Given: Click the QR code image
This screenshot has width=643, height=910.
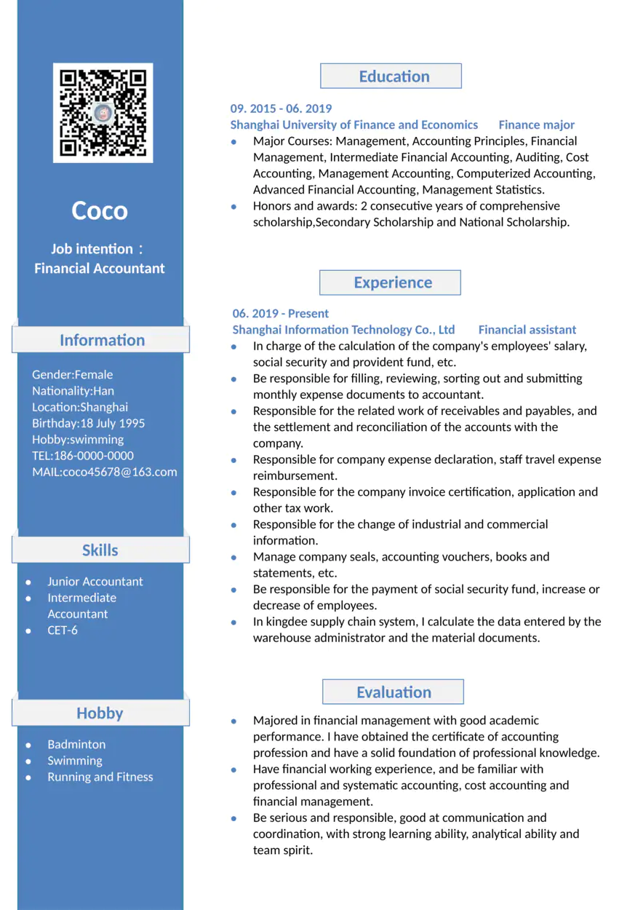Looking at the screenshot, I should [x=103, y=113].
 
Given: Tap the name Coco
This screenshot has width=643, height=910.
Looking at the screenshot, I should [x=100, y=210].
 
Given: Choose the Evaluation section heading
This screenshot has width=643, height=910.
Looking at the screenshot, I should [x=393, y=692].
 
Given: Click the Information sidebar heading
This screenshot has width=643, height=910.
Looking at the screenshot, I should [x=101, y=340].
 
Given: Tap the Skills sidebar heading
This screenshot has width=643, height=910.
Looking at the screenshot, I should [x=100, y=550].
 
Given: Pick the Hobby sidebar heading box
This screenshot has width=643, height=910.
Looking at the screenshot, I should [x=100, y=713].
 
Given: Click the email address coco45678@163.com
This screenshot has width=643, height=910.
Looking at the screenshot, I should [x=119, y=472].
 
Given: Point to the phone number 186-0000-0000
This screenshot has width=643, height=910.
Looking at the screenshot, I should [x=93, y=456].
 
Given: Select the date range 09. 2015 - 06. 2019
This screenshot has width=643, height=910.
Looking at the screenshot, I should [x=281, y=108].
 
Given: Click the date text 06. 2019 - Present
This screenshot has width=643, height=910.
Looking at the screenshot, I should [x=281, y=314].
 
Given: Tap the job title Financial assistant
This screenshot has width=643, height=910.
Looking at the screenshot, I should [x=527, y=330].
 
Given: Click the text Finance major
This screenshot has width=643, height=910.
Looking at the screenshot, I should [x=537, y=125].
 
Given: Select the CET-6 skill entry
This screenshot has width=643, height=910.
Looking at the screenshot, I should [x=63, y=630].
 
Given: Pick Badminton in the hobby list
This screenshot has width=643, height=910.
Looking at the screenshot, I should [x=76, y=744].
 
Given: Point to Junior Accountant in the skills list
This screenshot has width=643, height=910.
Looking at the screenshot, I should [x=95, y=581].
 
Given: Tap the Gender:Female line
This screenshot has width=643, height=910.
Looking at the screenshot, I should [x=73, y=374].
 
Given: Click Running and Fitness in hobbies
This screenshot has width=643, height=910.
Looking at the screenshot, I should [x=100, y=777].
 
